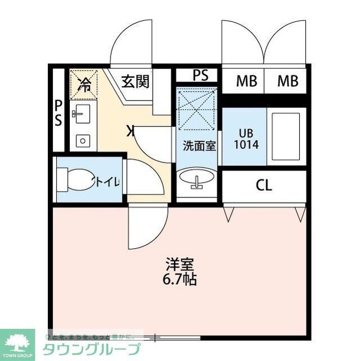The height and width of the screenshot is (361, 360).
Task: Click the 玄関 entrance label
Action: tap(135, 82)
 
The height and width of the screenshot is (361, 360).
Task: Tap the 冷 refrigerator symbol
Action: tap(84, 85)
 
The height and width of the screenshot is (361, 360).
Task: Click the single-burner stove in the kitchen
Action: tap(82, 140)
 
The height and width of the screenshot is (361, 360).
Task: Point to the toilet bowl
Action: tap(77, 180)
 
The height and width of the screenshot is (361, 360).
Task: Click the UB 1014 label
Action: tap(246, 139)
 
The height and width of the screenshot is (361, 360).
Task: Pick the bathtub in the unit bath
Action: tap(286, 136)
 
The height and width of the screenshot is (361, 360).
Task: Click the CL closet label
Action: tap(264, 185)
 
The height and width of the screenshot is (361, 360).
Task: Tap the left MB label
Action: tap(246, 82)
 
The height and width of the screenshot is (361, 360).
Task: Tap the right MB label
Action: tap(287, 82)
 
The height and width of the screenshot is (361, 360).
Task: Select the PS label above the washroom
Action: tap(199, 74)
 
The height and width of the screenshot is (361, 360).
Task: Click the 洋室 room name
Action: tap(180, 263)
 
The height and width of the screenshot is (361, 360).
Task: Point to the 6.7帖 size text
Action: tap(180, 279)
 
